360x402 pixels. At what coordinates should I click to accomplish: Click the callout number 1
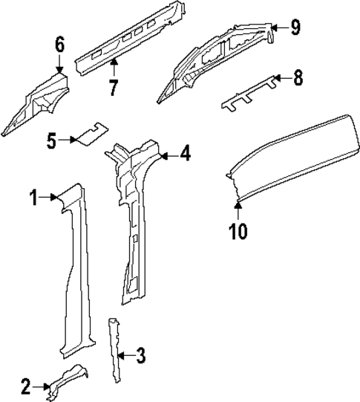pos(34,197)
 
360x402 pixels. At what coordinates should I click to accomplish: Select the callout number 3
pos(140,357)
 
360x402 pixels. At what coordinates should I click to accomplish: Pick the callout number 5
pos(50,139)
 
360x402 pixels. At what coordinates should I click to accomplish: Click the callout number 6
pos(59,45)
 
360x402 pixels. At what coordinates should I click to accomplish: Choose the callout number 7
pos(113,88)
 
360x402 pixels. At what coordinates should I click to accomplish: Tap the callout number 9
pos(295,28)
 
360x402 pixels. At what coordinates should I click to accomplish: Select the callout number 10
pos(238,231)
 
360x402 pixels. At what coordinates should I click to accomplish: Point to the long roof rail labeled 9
pos(215,63)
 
